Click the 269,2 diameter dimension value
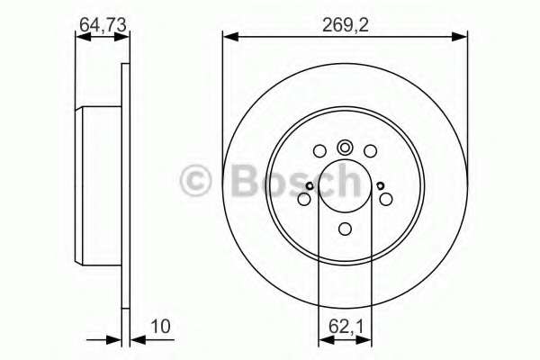[x=345, y=26]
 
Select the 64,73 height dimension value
[x=102, y=26]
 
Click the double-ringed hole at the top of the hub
[x=345, y=148]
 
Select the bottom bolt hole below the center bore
[x=345, y=228]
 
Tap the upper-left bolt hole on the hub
[x=319, y=151]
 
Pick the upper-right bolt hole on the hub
[x=370, y=151]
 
